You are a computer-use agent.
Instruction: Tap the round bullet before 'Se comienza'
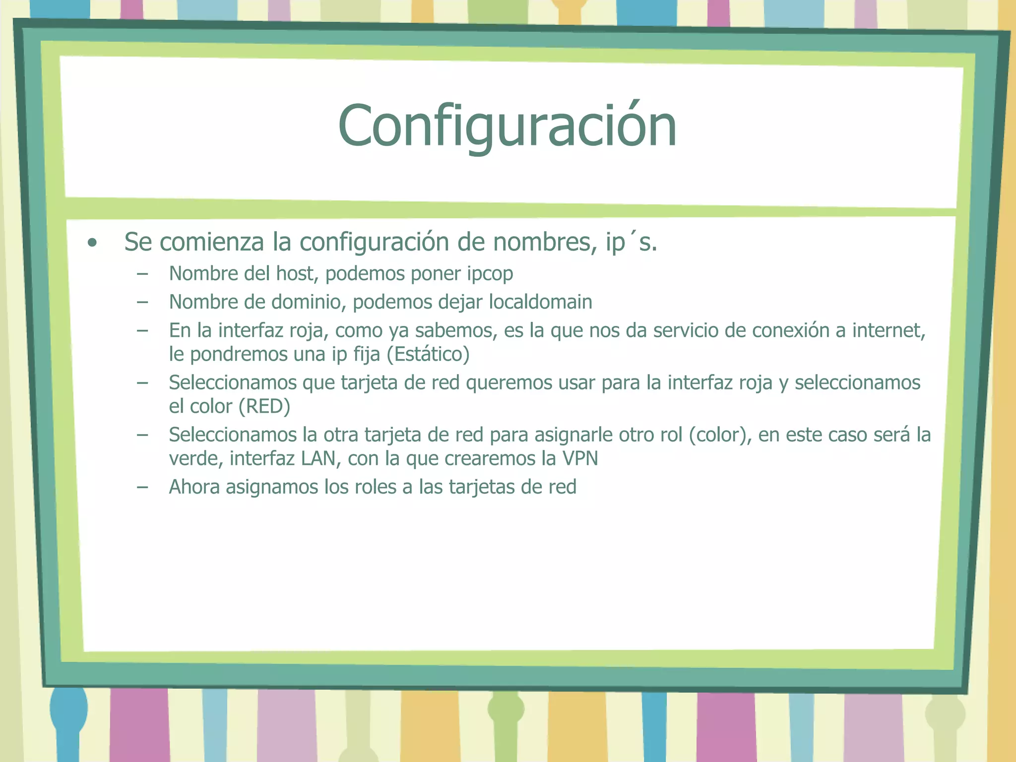pyautogui.click(x=92, y=243)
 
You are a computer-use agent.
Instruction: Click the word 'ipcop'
pyautogui.click(x=490, y=274)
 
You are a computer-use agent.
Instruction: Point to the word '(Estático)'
pyautogui.click(x=428, y=354)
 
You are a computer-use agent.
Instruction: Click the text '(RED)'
pyautogui.click(x=264, y=406)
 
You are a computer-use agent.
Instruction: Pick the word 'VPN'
pyautogui.click(x=580, y=458)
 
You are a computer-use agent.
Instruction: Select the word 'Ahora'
pyautogui.click(x=194, y=487)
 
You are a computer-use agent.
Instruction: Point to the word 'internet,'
pyautogui.click(x=889, y=330)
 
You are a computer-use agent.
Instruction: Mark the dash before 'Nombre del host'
pyautogui.click(x=142, y=274)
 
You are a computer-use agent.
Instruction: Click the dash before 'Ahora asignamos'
pyautogui.click(x=142, y=487)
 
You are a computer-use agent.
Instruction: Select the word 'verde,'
pyautogui.click(x=196, y=458)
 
